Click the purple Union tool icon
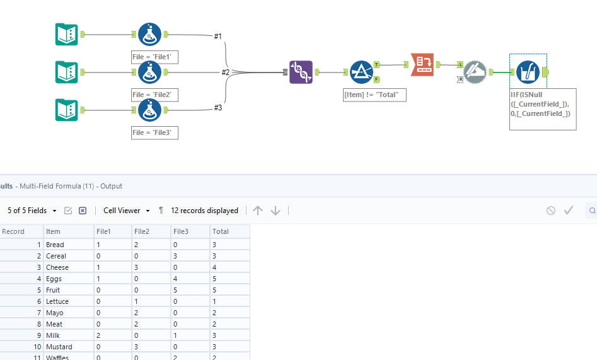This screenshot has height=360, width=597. tap(301, 72)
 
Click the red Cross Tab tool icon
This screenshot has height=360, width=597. tap(422, 64)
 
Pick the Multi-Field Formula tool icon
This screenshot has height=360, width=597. tap(527, 72)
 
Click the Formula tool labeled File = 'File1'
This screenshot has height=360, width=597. tap(149, 35)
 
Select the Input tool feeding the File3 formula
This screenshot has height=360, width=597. tap(66, 110)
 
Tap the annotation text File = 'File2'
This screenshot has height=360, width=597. tap(154, 95)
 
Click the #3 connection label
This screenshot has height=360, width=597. tap(217, 108)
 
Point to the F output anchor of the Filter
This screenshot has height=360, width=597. tap(376, 79)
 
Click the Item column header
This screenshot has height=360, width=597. tap(54, 231)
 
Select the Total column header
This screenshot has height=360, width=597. tap(221, 231)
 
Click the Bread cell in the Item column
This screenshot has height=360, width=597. tap(55, 245)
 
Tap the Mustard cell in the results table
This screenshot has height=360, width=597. tap(59, 347)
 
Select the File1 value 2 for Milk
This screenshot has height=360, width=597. tap(98, 335)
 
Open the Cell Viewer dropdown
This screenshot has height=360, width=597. tap(127, 211)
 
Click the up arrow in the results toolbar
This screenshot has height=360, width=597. tap(257, 211)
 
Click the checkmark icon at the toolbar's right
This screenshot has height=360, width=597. tap(569, 211)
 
